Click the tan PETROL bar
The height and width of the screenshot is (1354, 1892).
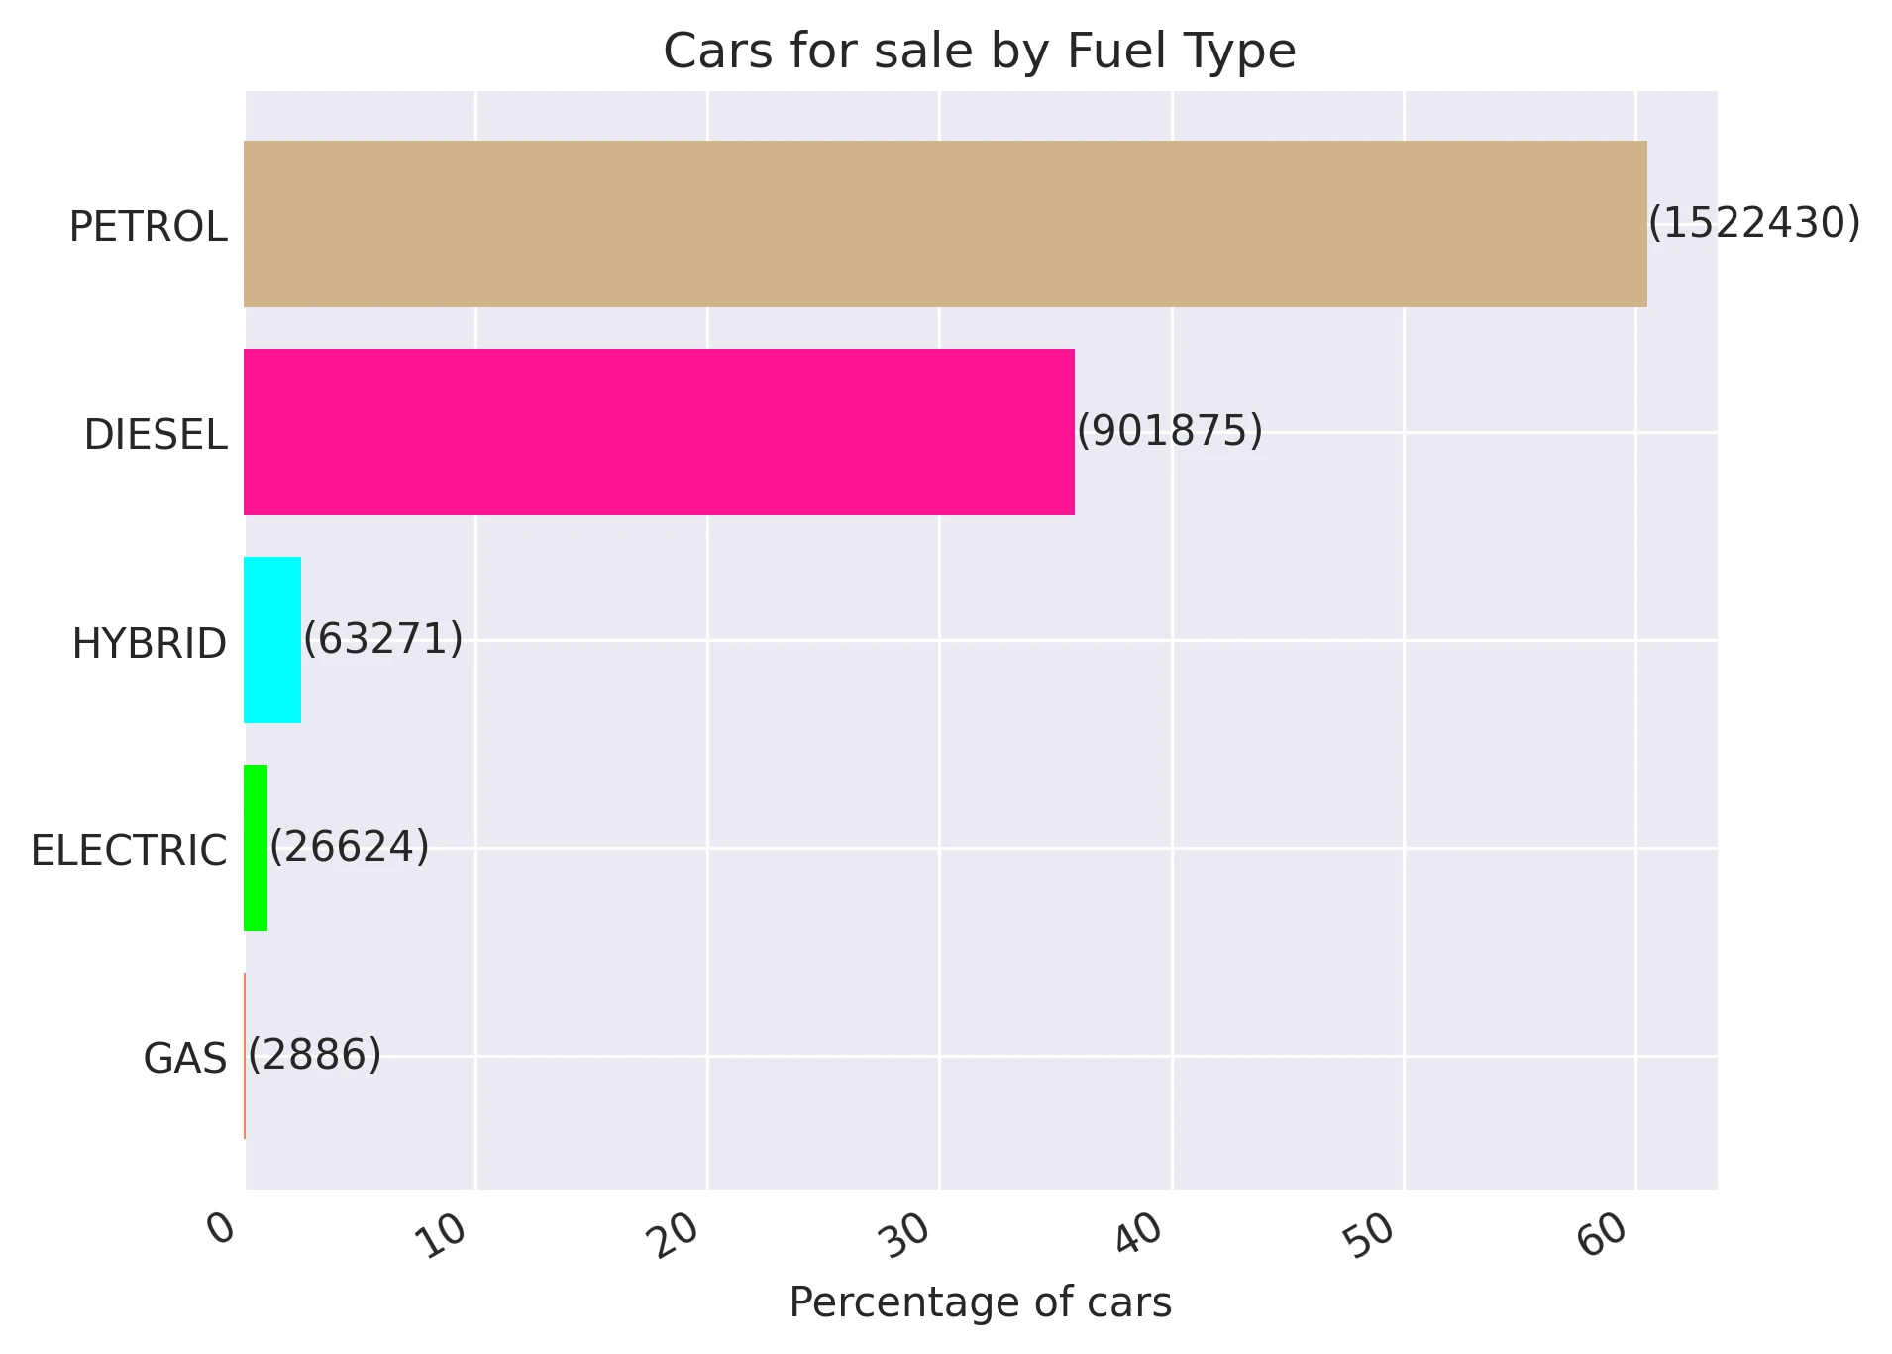[x=945, y=224]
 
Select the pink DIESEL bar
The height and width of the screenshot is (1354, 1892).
[x=659, y=432]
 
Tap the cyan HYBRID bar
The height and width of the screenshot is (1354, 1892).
[x=272, y=640]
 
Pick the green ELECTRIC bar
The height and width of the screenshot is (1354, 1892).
[x=256, y=848]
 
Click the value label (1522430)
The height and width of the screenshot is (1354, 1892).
[x=1754, y=223]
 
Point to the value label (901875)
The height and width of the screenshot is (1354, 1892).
[x=1170, y=431]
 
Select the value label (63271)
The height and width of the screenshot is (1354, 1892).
[x=382, y=639]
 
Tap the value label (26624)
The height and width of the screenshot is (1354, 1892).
[x=350, y=847]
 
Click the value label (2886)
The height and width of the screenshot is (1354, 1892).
[x=314, y=1055]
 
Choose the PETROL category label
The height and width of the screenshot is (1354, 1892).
[x=149, y=227]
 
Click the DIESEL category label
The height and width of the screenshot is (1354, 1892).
[x=156, y=435]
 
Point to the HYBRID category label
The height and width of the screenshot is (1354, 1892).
[x=150, y=644]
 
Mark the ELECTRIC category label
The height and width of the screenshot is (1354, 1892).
[x=129, y=851]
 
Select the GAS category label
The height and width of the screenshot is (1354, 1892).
[x=185, y=1059]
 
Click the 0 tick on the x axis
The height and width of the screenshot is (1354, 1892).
[x=223, y=1228]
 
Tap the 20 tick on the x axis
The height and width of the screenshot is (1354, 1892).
[x=679, y=1234]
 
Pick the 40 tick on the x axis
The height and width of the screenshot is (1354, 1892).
[x=1142, y=1234]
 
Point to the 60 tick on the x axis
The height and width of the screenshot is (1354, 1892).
[x=1606, y=1234]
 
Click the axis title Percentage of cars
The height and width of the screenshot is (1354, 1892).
[x=980, y=1302]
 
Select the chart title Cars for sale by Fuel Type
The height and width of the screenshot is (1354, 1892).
[x=980, y=51]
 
